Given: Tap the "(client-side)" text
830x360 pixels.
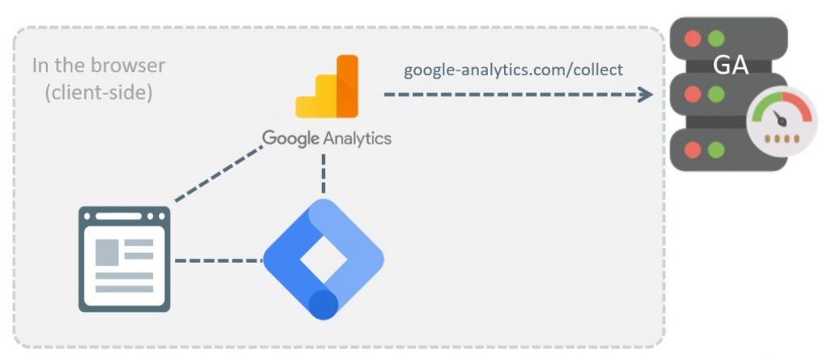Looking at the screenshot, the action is tap(99, 92).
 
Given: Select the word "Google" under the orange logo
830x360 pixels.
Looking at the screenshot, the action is tap(291, 138).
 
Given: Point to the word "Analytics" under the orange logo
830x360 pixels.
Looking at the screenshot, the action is tap(357, 138).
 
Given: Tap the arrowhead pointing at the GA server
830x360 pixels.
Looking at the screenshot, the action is tap(645, 95).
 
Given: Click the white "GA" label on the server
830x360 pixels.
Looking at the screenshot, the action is tap(730, 66).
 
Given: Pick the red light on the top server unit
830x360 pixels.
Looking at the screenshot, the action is tap(692, 38).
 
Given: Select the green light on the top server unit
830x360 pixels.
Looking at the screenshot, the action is tap(715, 38).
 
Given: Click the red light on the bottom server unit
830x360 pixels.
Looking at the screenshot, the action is tap(692, 150).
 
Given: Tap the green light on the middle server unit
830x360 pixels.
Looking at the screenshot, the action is tap(715, 94).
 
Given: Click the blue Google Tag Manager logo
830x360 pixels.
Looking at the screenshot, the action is tap(323, 259).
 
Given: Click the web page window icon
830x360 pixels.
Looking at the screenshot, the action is tap(124, 259).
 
